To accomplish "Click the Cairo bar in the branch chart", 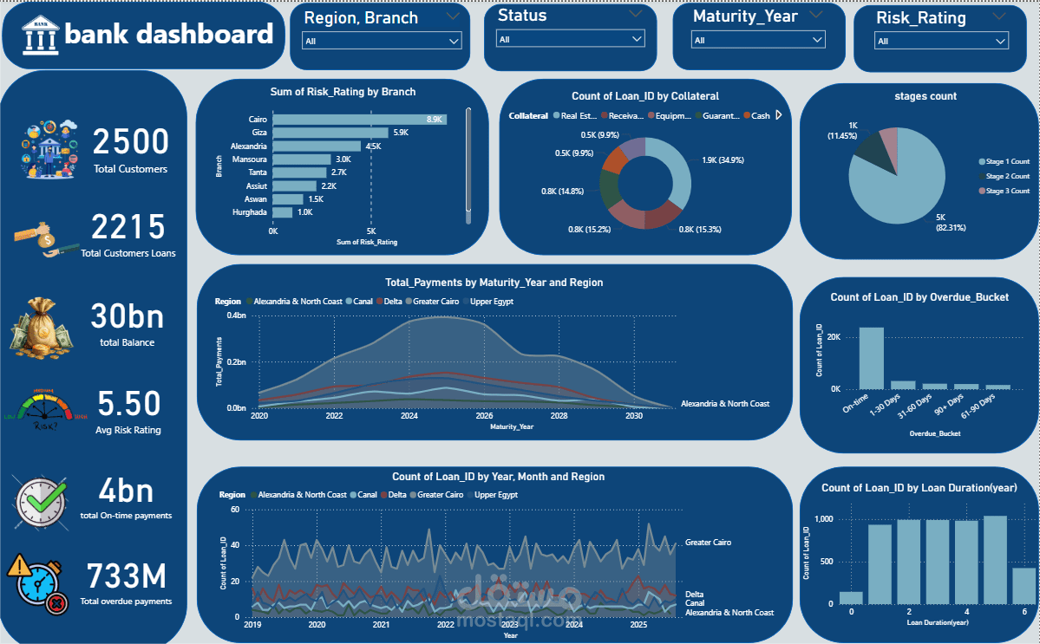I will [359, 119].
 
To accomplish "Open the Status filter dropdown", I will [570, 39].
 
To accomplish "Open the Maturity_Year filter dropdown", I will [757, 40].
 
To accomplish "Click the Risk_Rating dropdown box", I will [941, 41].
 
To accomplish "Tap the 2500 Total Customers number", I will [131, 141].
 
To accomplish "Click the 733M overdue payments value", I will [126, 576].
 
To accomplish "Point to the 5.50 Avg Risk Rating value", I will [128, 404].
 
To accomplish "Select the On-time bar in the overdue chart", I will [871, 358].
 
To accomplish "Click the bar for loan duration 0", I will [851, 597].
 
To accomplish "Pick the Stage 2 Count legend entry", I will [1006, 176].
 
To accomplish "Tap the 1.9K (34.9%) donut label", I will [723, 160].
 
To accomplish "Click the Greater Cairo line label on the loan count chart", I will [708, 543].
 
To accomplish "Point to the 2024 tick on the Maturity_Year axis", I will [409, 416].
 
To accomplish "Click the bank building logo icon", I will [41, 35].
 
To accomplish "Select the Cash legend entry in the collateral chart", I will [760, 116].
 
